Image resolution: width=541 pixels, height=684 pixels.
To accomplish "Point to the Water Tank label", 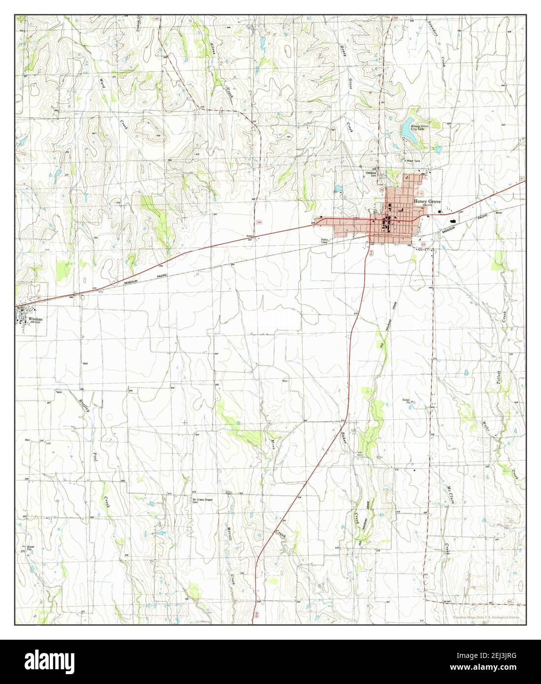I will [413, 161].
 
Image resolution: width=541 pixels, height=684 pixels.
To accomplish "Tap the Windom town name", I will [36, 319].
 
